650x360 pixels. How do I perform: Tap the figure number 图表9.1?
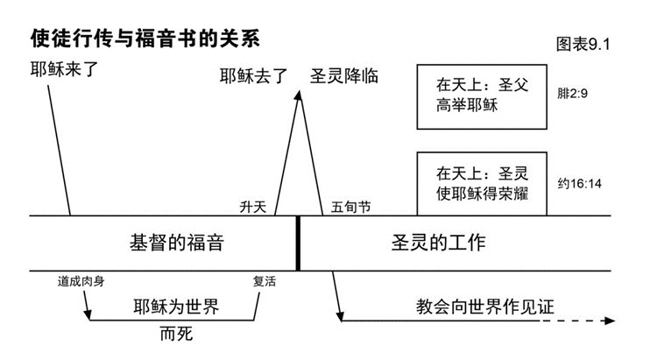tap(582, 44)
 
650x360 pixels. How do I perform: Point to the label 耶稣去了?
tap(253, 76)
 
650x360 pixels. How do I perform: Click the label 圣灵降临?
tap(343, 75)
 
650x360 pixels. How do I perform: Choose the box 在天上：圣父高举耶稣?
tap(481, 96)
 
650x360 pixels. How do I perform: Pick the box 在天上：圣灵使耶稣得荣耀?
tap(481, 183)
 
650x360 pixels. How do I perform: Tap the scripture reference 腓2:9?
tap(575, 90)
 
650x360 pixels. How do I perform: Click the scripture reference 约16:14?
tap(579, 184)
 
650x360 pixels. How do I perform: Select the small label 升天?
tap(252, 208)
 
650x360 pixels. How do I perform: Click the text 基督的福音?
tap(176, 243)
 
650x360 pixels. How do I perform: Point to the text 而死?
tap(176, 335)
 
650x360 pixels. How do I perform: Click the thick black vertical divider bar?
tap(298, 243)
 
